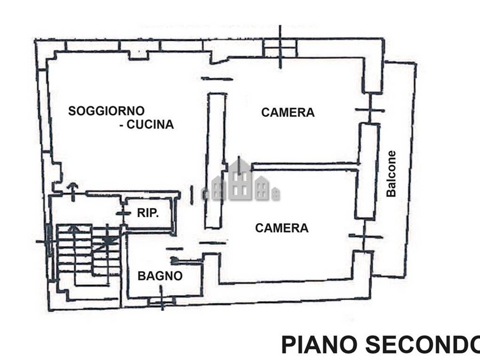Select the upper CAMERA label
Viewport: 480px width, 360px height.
click(x=288, y=112)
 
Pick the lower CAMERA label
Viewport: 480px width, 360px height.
click(x=282, y=228)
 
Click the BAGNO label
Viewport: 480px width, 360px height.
click(x=160, y=276)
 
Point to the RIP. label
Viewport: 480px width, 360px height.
click(x=148, y=212)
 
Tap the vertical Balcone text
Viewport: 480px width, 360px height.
click(x=391, y=173)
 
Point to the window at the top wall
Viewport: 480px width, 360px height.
click(x=280, y=46)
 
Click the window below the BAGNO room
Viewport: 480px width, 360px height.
click(x=161, y=298)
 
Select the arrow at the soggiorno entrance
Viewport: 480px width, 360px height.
click(x=73, y=190)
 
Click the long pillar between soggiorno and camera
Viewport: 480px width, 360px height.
click(x=215, y=160)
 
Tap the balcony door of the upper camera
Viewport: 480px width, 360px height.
click(x=370, y=110)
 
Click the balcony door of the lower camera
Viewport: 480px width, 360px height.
click(x=365, y=237)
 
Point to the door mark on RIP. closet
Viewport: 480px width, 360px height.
click(x=123, y=213)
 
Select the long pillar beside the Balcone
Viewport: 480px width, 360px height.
click(x=368, y=171)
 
